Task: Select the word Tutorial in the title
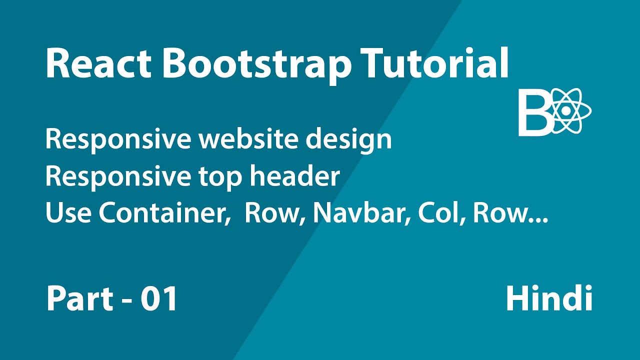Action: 435,63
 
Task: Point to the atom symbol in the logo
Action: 570,111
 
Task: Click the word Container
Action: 160,213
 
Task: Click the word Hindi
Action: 549,299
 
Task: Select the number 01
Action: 158,299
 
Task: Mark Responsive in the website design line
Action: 117,140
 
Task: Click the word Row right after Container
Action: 273,213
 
